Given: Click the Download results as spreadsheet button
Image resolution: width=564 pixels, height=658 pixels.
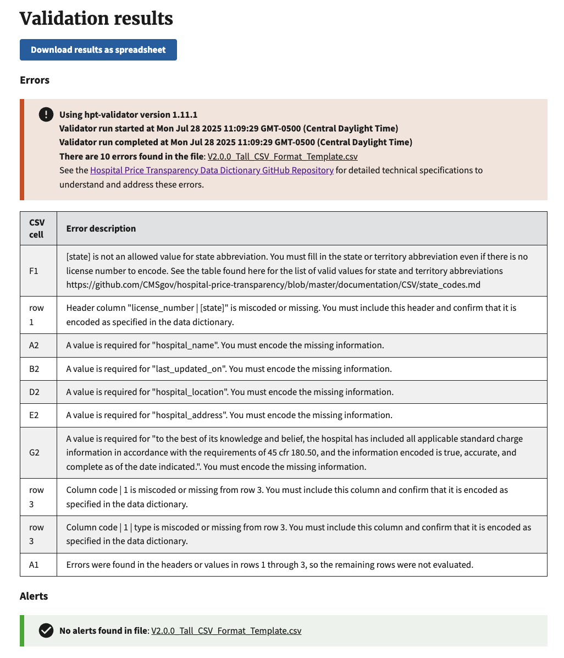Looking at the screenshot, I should click(x=98, y=50).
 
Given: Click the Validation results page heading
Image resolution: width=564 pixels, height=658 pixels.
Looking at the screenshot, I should click(x=96, y=19).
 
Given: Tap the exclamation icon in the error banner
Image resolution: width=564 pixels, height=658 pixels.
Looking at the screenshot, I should click(x=46, y=114).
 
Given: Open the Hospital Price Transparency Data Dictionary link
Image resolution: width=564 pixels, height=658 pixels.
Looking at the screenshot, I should click(x=212, y=170).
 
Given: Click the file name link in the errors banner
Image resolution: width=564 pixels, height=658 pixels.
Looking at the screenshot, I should click(x=283, y=156).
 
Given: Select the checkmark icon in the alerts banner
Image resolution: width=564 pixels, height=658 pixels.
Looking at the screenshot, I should click(x=46, y=630).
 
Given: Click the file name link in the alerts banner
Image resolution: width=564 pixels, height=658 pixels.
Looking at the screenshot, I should click(x=226, y=630).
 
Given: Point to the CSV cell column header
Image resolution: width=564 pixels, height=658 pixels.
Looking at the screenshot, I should click(x=37, y=228).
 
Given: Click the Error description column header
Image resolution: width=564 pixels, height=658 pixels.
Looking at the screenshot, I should click(x=101, y=228).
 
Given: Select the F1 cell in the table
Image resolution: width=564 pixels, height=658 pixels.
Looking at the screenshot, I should click(x=34, y=271).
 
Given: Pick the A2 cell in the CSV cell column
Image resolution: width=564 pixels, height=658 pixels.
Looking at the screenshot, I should click(x=34, y=346).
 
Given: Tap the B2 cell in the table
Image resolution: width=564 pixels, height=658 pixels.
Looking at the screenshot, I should click(x=34, y=369).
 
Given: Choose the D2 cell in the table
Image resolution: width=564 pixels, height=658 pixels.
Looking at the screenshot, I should click(x=34, y=392).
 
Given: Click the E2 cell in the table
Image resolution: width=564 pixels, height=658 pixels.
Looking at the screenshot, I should click(x=34, y=415).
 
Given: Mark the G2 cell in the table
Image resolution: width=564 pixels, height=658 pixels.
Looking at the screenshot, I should click(x=34, y=453).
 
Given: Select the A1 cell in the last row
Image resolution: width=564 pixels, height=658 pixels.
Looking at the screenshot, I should click(x=34, y=564).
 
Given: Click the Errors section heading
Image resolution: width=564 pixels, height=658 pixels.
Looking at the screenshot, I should click(x=35, y=80).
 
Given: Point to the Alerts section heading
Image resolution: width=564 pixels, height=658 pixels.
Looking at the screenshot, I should click(x=34, y=596).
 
